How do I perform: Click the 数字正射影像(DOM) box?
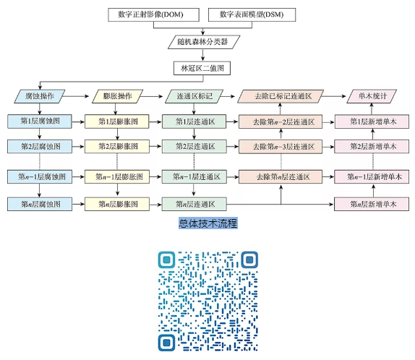[x=153, y=14]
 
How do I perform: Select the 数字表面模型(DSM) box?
[x=252, y=14]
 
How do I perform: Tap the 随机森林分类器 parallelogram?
[x=204, y=42]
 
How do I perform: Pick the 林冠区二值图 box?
[x=202, y=68]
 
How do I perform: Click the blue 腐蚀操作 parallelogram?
[x=40, y=96]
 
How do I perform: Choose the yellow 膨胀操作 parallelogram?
[x=117, y=96]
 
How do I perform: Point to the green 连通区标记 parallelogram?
[x=194, y=96]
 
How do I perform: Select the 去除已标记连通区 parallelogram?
[x=281, y=96]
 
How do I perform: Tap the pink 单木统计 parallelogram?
[x=372, y=96]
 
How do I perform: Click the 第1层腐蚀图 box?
[x=40, y=121]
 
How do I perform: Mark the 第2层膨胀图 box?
[x=117, y=146]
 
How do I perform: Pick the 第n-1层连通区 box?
[x=194, y=176]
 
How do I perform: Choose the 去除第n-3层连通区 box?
[x=281, y=146]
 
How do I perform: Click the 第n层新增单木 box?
[x=372, y=204]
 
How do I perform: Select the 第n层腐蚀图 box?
[x=40, y=204]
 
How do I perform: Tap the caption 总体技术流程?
[x=208, y=223]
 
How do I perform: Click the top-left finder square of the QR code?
[x=167, y=260]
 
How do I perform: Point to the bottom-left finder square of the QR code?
[x=167, y=343]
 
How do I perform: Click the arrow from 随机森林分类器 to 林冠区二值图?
[x=203, y=56]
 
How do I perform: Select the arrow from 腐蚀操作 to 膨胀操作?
[x=76, y=96]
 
